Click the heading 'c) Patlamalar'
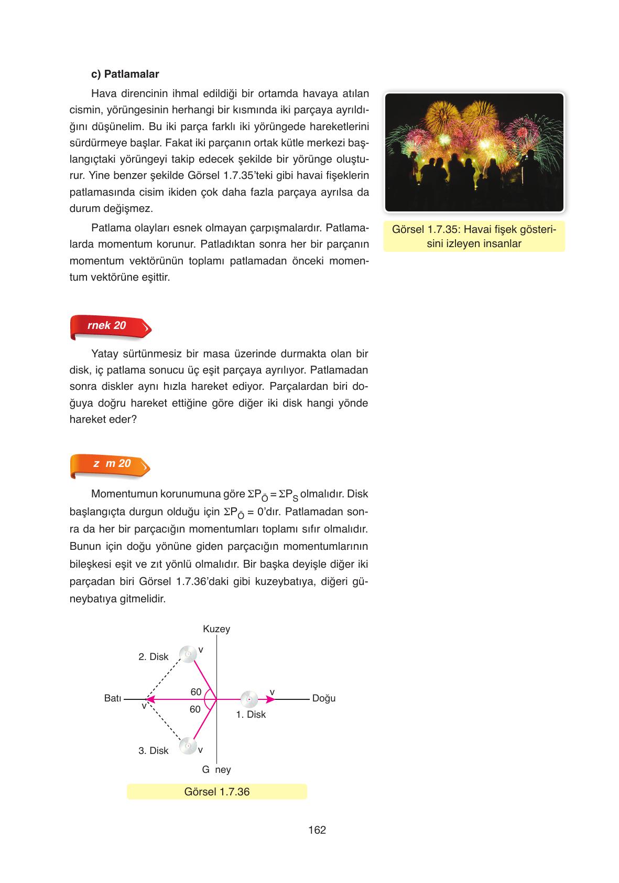click(x=125, y=74)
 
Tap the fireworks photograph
click(x=474, y=152)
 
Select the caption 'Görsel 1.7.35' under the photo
click(x=474, y=236)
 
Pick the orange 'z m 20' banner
click(x=111, y=464)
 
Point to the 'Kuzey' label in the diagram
click(x=216, y=629)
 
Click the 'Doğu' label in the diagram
click(x=323, y=698)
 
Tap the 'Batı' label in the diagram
click(x=113, y=698)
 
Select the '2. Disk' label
click(x=153, y=657)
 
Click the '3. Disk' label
click(x=153, y=751)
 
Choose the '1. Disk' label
click(x=251, y=715)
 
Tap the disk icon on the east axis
click(x=249, y=699)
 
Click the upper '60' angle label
click(x=196, y=692)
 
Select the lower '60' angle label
click(x=195, y=709)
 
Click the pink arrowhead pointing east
click(x=271, y=699)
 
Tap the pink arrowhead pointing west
click(x=149, y=699)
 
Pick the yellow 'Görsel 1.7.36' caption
click(x=216, y=792)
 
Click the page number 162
click(x=317, y=830)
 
